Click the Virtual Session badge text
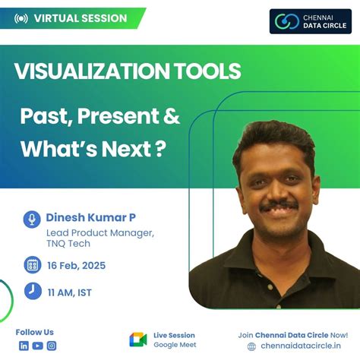[80, 18]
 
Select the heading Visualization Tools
[128, 71]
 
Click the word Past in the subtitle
[43, 118]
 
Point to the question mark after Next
[159, 148]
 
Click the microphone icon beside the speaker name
[32, 219]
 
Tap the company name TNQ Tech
[68, 244]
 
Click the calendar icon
[32, 265]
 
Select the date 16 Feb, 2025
[76, 266]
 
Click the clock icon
[32, 290]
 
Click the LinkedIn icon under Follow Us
[24, 346]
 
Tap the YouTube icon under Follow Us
[37, 346]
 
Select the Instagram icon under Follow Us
[52, 346]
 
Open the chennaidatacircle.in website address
[298, 347]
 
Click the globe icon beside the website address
[251, 347]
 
